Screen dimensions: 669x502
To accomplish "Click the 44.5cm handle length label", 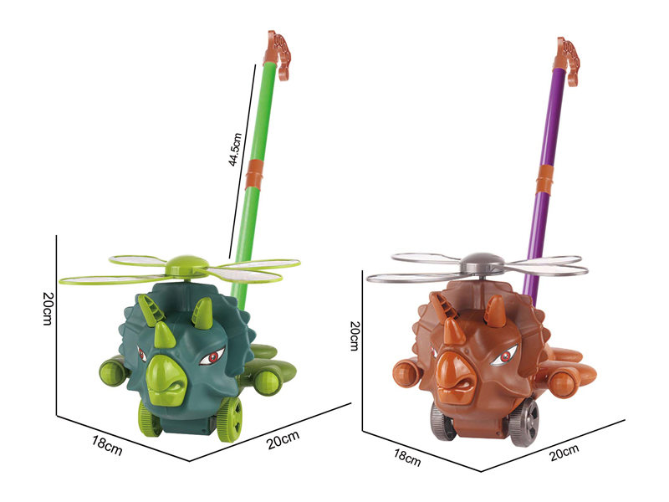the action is (x=235, y=149).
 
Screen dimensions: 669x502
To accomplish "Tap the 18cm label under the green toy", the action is (x=107, y=445).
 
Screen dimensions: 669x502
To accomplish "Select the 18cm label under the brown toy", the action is (x=407, y=457).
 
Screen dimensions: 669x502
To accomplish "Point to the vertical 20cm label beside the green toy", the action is (x=48, y=308).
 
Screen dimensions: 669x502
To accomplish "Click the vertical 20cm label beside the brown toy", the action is (x=355, y=336).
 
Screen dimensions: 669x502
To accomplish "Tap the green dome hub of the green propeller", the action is (x=186, y=263).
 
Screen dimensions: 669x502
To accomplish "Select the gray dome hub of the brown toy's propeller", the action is (x=483, y=260).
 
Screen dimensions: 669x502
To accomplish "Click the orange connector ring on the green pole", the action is (x=255, y=175).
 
